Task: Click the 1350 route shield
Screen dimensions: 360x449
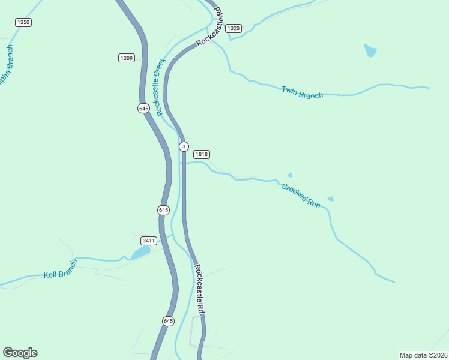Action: coord(23,22)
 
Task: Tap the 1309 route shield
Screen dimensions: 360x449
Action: coord(127,58)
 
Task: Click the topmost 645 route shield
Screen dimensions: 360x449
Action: coord(143,109)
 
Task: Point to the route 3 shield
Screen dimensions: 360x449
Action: coord(184,146)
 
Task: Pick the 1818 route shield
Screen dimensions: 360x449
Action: coord(201,154)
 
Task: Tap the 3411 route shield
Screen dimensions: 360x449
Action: coord(148,241)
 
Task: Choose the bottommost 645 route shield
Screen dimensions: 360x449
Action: coord(169,322)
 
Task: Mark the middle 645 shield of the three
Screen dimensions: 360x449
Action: coord(164,210)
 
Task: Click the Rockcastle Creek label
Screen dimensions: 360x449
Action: coord(159,87)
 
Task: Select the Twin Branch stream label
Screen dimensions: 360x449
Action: coord(303,92)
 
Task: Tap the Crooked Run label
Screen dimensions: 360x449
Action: coord(301,196)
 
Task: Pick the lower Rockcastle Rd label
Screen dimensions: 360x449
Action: coord(200,289)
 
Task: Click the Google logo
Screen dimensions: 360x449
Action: coord(20,353)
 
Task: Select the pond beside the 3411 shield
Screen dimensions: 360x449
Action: coord(140,253)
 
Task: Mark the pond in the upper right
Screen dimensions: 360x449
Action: coord(370,50)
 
